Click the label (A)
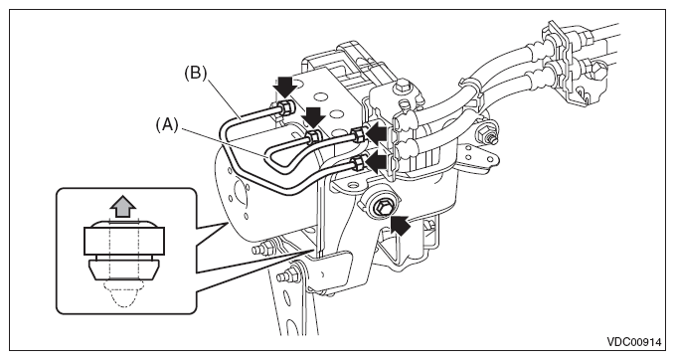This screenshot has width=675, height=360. pos(167,125)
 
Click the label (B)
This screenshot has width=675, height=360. pos(196,73)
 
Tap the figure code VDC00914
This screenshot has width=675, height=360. pos(633,342)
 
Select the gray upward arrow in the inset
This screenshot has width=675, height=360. pos(124,206)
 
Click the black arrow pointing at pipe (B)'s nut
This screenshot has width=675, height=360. pos(285,87)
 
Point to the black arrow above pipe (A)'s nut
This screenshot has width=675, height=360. pos(313,117)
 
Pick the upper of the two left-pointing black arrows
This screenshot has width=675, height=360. pos(376,133)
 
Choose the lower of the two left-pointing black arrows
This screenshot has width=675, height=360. pos(376,163)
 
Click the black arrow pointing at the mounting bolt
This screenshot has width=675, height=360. pos(400,226)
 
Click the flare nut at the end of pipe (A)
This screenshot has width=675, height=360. pos(312,137)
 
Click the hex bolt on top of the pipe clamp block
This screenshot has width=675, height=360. pos(402,86)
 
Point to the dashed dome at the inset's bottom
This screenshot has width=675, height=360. pos(123,293)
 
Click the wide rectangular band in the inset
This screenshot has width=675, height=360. pos(124,241)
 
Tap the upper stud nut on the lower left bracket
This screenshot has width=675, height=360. pos(263,249)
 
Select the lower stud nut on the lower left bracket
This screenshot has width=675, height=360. pos(290,274)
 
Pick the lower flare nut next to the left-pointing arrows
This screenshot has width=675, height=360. pos(357,163)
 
